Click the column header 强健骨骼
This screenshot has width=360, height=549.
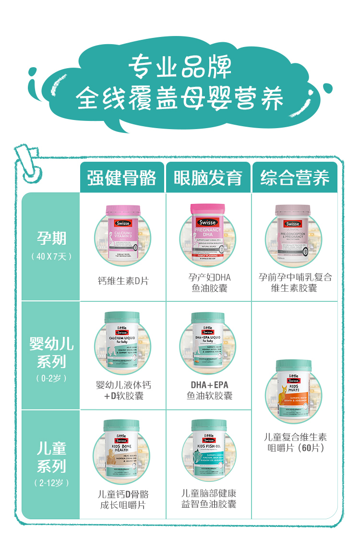[x=122, y=178]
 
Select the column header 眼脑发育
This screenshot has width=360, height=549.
[x=208, y=178]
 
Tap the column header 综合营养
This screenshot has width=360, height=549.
[x=295, y=178]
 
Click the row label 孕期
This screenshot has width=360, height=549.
[x=51, y=238]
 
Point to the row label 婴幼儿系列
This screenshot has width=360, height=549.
[x=51, y=353]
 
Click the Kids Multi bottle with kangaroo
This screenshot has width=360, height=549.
[x=294, y=389]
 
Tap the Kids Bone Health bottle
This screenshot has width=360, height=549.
[x=122, y=449]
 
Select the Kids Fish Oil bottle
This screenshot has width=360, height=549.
[x=209, y=449]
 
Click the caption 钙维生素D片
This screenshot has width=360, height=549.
[x=123, y=281]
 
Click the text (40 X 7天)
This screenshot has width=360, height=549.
[x=51, y=256]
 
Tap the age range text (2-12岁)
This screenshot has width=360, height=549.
[x=51, y=483]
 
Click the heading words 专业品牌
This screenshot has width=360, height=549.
[x=180, y=68]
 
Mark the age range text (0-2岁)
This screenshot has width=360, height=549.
[x=51, y=378]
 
